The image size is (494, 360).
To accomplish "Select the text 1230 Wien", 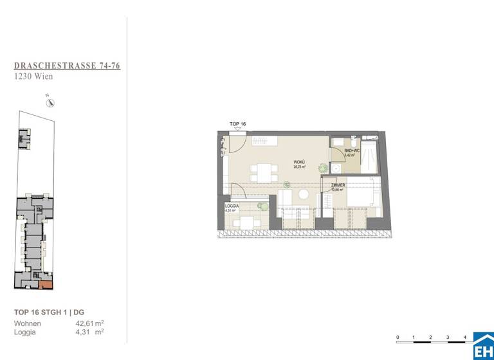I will click(x=33, y=76).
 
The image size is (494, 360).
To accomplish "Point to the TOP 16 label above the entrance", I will click(x=237, y=123).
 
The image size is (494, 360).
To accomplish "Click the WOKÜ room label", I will click(x=299, y=162).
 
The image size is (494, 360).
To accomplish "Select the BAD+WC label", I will click(x=351, y=152).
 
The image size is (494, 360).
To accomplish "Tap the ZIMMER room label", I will click(x=338, y=185).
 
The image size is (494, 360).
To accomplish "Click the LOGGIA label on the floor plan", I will click(x=232, y=206).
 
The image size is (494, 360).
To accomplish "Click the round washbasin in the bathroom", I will click(x=338, y=166).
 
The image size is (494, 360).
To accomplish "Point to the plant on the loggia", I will click(x=262, y=206).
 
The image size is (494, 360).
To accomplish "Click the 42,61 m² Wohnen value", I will click(x=89, y=323).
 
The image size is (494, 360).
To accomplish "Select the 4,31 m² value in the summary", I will click(x=89, y=332).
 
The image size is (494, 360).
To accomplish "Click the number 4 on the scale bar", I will click(x=464, y=337).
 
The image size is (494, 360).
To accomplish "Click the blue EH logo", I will click(x=483, y=347).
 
